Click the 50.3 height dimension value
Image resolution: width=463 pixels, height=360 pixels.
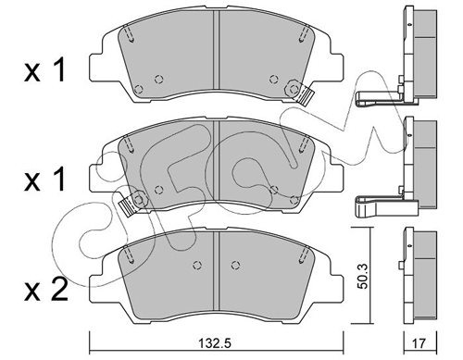[x=364, y=276]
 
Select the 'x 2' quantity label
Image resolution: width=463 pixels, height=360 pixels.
[x=46, y=290]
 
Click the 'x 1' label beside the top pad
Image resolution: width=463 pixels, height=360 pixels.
[x=45, y=70]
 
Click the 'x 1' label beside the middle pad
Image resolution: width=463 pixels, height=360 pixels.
[x=45, y=180]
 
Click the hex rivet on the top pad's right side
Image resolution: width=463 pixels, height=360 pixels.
[x=293, y=88]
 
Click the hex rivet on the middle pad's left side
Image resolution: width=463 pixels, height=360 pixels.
[x=139, y=200]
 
